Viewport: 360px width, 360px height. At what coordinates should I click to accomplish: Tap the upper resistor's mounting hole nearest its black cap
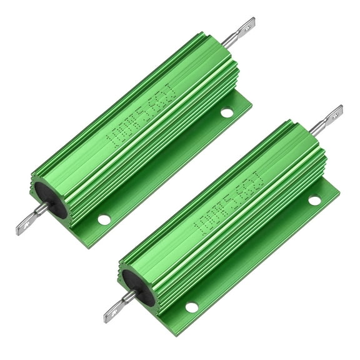coord(104,219)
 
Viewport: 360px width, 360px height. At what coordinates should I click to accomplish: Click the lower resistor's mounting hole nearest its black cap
coord(191,307)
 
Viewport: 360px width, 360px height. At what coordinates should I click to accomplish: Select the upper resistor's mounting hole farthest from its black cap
coord(227,112)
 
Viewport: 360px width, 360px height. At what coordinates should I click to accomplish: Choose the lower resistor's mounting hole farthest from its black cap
coord(314,200)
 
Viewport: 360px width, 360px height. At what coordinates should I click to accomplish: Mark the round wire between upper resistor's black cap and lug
coord(41,209)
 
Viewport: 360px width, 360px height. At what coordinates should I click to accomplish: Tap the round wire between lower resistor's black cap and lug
coord(128,297)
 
